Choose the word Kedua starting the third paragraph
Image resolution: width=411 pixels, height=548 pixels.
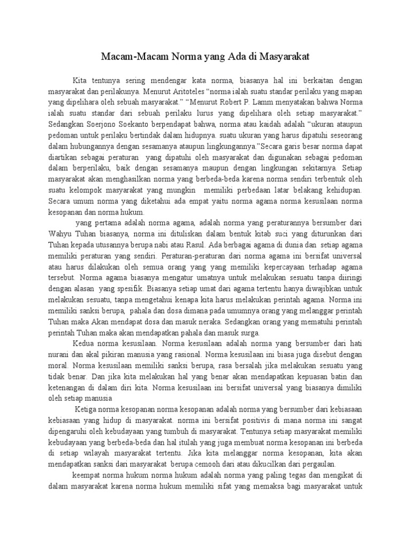(x=83, y=343)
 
